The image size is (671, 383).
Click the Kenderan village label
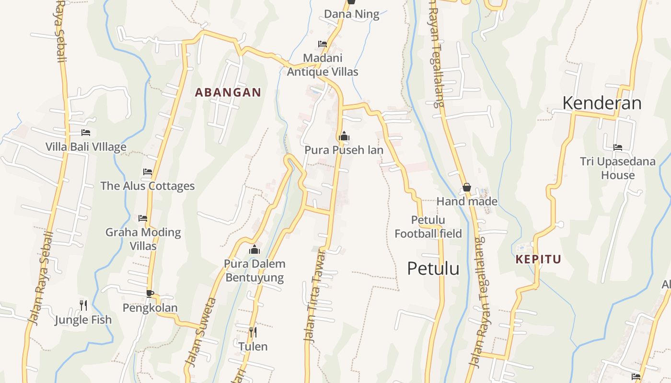pos(602,103)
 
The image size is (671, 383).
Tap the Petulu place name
pos(433,269)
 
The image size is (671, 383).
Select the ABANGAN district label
pos(228,92)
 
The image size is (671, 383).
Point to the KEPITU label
pos(538,259)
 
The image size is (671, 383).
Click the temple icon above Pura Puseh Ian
pos(344,136)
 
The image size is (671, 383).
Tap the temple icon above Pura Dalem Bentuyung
pos(255,249)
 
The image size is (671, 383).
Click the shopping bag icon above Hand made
pos(466,187)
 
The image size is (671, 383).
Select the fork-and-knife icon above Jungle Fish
pos(83,305)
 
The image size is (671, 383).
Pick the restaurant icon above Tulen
pos(253,332)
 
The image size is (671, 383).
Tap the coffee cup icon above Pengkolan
pos(150,293)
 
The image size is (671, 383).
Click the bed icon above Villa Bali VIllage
pos(86,133)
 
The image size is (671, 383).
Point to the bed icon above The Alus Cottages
pos(148,171)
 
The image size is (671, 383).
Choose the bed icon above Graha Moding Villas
pos(143,218)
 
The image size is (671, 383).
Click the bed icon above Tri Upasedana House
pos(618,147)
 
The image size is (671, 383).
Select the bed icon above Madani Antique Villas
pos(323,44)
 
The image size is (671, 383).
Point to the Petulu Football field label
pos(428,227)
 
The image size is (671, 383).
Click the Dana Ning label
pos(351,14)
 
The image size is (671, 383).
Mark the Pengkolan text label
pos(150,308)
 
